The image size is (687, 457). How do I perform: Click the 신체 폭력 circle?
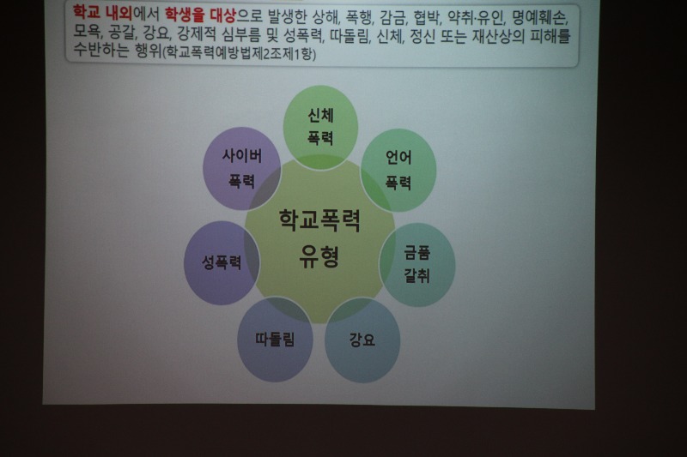tap(320, 127)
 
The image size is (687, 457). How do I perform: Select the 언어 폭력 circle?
tap(398, 170)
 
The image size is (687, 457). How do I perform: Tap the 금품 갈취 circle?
tap(417, 265)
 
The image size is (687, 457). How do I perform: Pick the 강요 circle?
tap(362, 340)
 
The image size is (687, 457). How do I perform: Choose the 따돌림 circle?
tap(275, 340)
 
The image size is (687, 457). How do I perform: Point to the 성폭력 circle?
tap(222, 262)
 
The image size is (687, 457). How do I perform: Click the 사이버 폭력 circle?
tap(242, 168)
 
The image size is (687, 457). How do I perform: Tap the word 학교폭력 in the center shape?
tap(319, 220)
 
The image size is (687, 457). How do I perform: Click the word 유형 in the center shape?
tap(319, 256)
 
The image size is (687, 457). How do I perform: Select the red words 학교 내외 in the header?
tap(102, 13)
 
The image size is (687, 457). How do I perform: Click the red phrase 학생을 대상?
tap(200, 15)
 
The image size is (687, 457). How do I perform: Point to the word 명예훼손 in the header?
tap(539, 18)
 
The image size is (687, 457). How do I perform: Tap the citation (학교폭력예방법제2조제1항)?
tap(239, 53)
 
